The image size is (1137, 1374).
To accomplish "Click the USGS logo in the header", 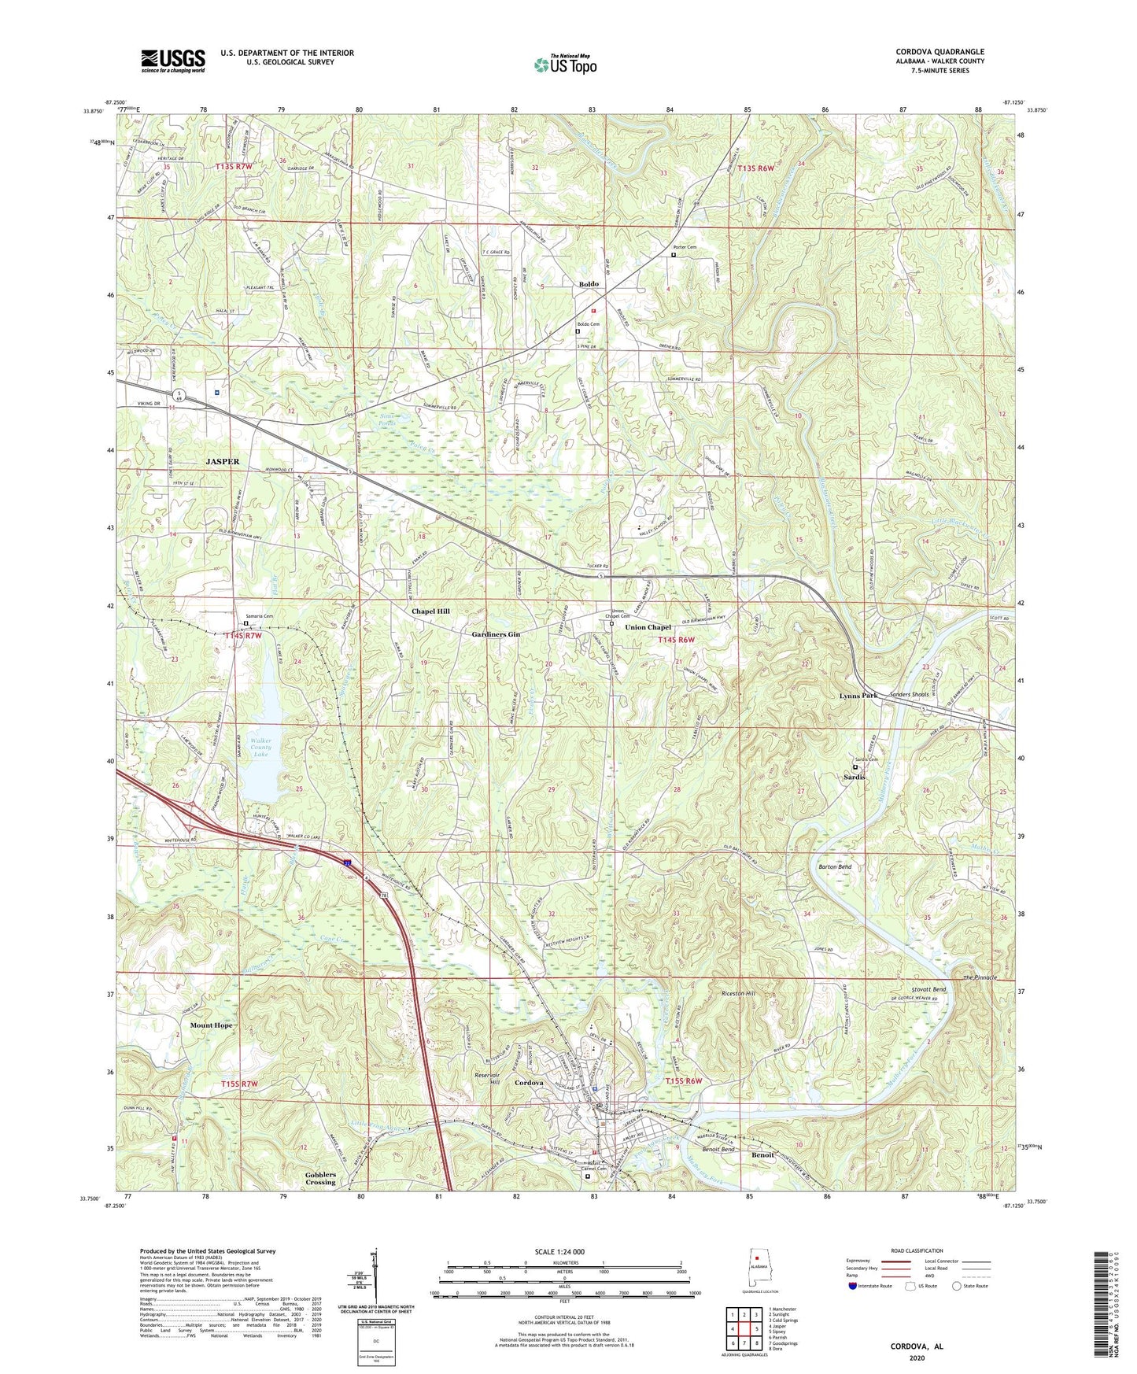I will pos(172,61).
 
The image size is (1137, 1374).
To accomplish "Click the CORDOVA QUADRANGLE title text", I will pos(940,52).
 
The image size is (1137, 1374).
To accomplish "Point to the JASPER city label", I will pos(223,462).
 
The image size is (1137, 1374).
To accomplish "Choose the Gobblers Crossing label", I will pos(320,1178).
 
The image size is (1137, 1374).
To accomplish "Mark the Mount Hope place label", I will pos(211,1026).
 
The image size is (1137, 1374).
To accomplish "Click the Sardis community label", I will pos(855,777).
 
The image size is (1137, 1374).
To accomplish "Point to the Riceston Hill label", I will pos(737,994).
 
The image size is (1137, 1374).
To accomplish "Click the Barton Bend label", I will pos(834,866).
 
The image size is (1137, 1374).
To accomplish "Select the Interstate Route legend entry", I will pos(869,1286).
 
